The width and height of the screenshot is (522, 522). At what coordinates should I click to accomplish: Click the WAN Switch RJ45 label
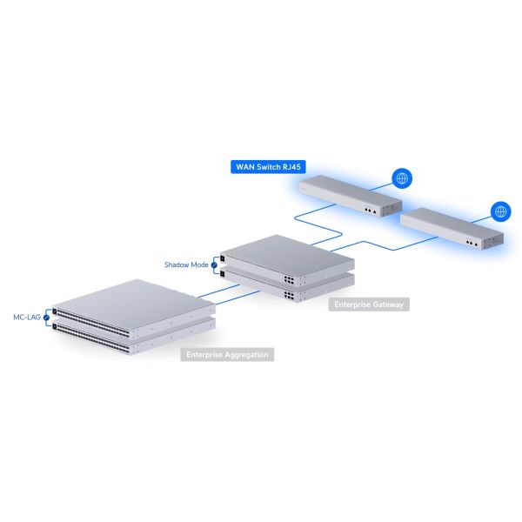(268, 167)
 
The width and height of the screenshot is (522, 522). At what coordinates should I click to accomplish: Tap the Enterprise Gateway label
(369, 304)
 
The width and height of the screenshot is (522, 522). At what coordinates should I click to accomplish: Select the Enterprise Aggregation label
(227, 355)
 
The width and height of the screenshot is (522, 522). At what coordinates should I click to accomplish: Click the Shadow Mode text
(186, 264)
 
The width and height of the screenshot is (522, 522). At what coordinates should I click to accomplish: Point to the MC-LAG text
(27, 317)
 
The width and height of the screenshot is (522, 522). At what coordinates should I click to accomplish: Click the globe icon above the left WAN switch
(402, 178)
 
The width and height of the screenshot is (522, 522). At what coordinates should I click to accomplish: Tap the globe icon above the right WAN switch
(501, 211)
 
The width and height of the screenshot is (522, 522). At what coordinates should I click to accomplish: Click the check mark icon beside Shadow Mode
(214, 265)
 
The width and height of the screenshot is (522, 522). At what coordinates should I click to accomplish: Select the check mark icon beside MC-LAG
(46, 318)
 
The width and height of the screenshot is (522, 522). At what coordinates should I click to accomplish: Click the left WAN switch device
(351, 196)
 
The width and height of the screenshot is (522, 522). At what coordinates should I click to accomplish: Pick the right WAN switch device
(452, 228)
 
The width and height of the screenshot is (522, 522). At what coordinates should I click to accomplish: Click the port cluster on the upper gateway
(289, 279)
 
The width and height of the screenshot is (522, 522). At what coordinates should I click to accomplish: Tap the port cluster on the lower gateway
(289, 296)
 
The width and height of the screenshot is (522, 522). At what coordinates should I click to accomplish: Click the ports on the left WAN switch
(371, 211)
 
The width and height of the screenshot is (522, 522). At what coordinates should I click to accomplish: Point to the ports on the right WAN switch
(472, 244)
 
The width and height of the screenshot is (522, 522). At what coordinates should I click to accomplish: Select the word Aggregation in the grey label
(246, 355)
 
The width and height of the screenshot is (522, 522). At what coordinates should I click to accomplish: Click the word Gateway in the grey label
(388, 304)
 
